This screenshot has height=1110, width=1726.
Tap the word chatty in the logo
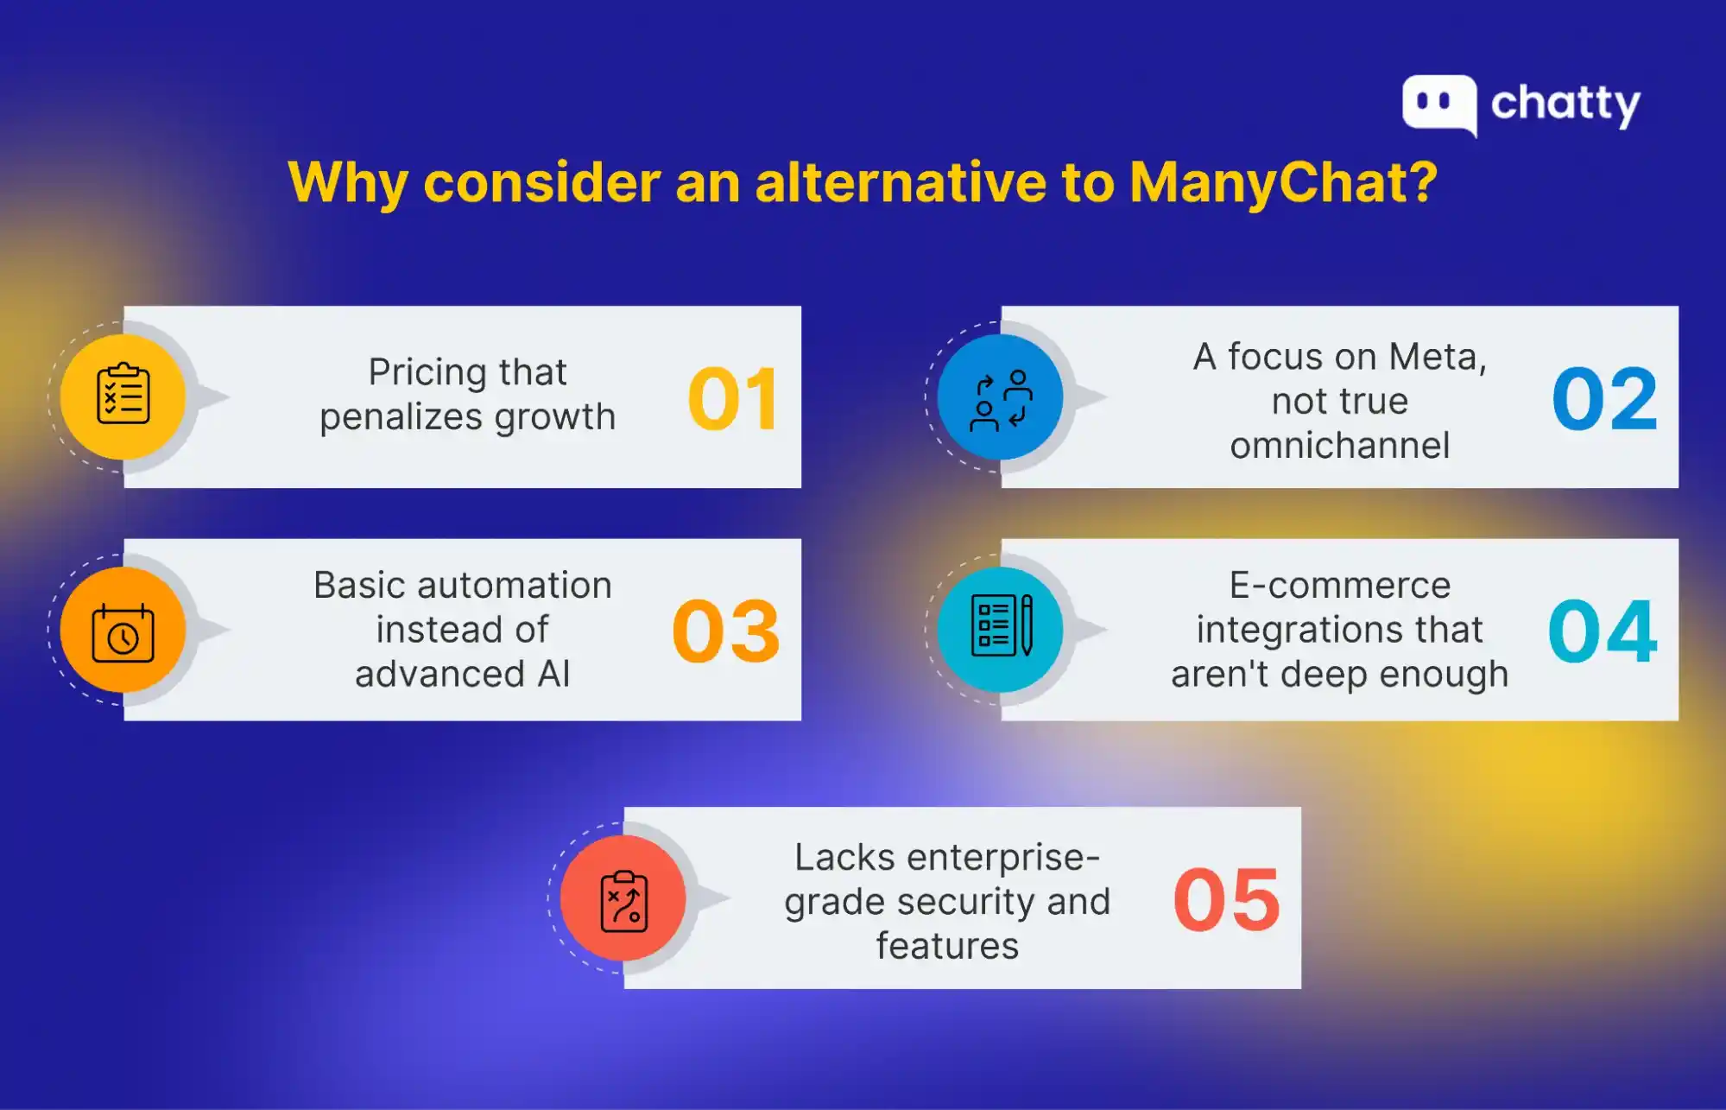[x=1565, y=105]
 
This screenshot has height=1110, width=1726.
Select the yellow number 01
[x=734, y=398]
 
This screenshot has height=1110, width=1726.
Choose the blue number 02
[x=1605, y=398]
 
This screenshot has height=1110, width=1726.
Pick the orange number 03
[x=726, y=631]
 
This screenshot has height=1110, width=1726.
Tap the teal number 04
[x=1603, y=631]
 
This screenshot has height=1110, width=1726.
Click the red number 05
[x=1227, y=899]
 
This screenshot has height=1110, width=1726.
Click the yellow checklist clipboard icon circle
[x=123, y=397]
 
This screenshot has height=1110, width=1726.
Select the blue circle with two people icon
[x=1001, y=397]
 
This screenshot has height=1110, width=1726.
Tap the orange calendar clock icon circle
[x=123, y=630]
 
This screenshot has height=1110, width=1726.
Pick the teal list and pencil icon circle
[x=1001, y=630]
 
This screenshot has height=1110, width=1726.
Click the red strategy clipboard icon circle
[x=623, y=898]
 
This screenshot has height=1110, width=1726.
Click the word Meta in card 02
[x=1438, y=357]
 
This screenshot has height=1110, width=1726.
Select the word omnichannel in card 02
[x=1340, y=446]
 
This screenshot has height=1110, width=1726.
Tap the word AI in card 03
[x=553, y=674]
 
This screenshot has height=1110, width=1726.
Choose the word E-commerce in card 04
[x=1340, y=586]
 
